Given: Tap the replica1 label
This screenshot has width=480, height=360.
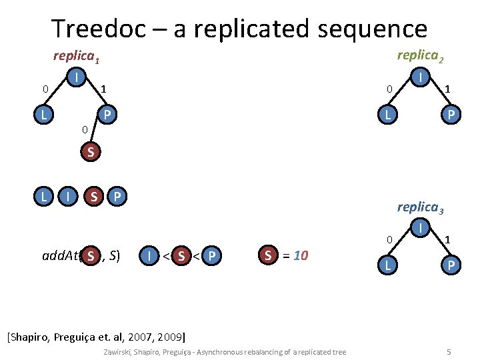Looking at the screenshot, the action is point(77,57).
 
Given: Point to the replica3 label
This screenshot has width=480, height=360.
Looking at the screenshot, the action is point(420,207).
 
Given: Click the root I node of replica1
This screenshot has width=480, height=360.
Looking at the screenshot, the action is point(78,79).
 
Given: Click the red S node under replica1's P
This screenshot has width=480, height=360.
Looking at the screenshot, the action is point(91,153).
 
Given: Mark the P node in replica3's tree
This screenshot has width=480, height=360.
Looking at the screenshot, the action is point(451,265).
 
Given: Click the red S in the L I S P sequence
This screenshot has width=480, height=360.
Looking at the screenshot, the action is point(95,197).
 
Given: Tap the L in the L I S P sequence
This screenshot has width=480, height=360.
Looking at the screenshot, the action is point(44,197).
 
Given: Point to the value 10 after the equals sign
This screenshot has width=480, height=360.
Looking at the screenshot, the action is point(301,255).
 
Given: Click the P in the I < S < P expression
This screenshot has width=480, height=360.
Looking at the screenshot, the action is point(212,255).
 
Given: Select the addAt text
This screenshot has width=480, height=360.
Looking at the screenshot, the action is point(60,255).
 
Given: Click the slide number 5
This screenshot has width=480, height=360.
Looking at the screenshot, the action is point(449,351).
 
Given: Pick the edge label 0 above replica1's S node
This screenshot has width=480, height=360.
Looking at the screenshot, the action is point(83,129).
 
